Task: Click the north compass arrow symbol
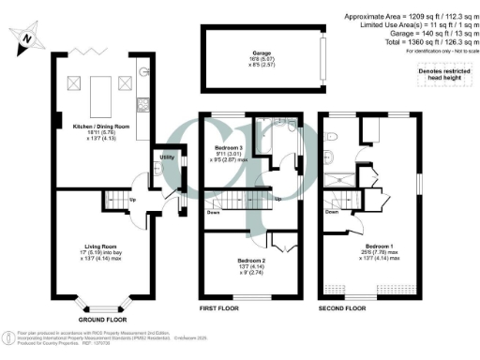pos(29,38)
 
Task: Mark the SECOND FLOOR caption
pos(342,307)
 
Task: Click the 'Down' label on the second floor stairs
pos(332,212)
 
